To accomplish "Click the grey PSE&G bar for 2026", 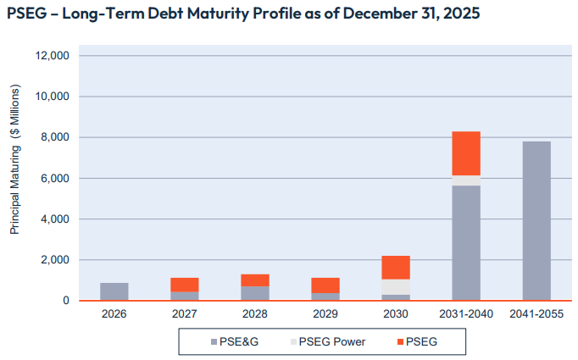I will tap(114, 291).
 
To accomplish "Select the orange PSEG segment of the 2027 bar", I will tap(185, 285).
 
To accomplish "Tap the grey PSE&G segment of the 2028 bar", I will tap(255, 293).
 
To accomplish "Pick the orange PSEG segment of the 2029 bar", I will tap(325, 285).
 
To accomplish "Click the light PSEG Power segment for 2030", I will tap(396, 286).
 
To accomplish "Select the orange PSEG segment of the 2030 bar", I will tap(396, 268).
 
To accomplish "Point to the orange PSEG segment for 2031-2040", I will tap(466, 153).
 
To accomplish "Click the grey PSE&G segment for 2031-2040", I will tap(466, 242).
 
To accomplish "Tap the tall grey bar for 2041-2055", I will tap(536, 220).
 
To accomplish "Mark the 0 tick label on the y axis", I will tap(65, 301).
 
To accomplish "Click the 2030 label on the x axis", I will tap(396, 313).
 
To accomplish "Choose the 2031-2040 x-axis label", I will tap(466, 313).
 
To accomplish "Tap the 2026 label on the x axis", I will tap(114, 313).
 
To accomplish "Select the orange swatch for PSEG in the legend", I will tap(398, 341).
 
